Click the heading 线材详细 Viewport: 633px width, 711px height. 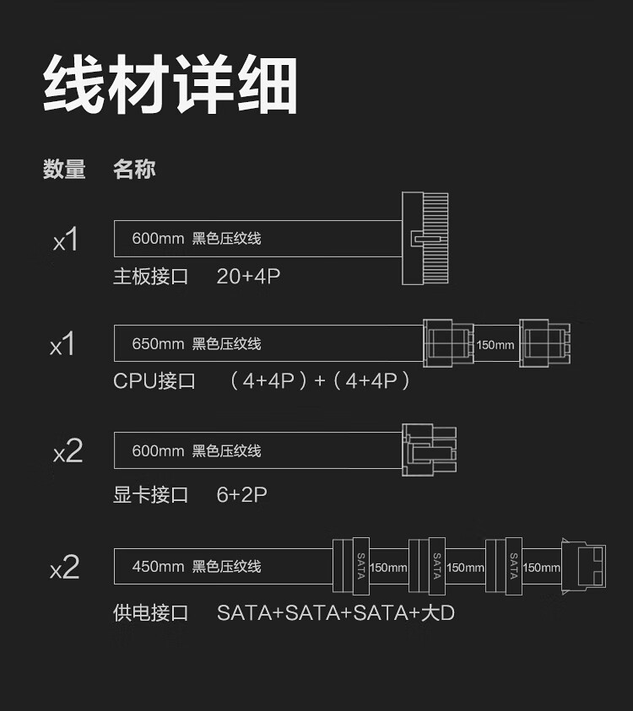pos(170,86)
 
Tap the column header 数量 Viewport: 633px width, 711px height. pos(64,170)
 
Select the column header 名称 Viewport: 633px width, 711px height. pos(134,170)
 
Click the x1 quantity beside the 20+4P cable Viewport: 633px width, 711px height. pos(65,240)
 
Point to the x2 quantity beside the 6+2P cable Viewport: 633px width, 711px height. pos(68,452)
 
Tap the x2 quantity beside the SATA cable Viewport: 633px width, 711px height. pos(65,568)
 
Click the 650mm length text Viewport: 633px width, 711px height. pos(158,344)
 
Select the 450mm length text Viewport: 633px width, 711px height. pos(158,567)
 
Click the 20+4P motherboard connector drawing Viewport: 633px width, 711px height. pos(425,239)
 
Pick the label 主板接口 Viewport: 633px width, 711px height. pos(151,277)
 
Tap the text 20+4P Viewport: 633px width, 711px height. pos(248,277)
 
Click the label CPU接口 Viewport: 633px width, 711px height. pos(154,381)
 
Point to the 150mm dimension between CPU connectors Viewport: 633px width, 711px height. pos(495,345)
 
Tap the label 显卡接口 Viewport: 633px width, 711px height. pos(151,495)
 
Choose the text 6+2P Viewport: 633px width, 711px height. pos(241,495)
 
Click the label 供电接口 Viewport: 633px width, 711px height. pos(151,613)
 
